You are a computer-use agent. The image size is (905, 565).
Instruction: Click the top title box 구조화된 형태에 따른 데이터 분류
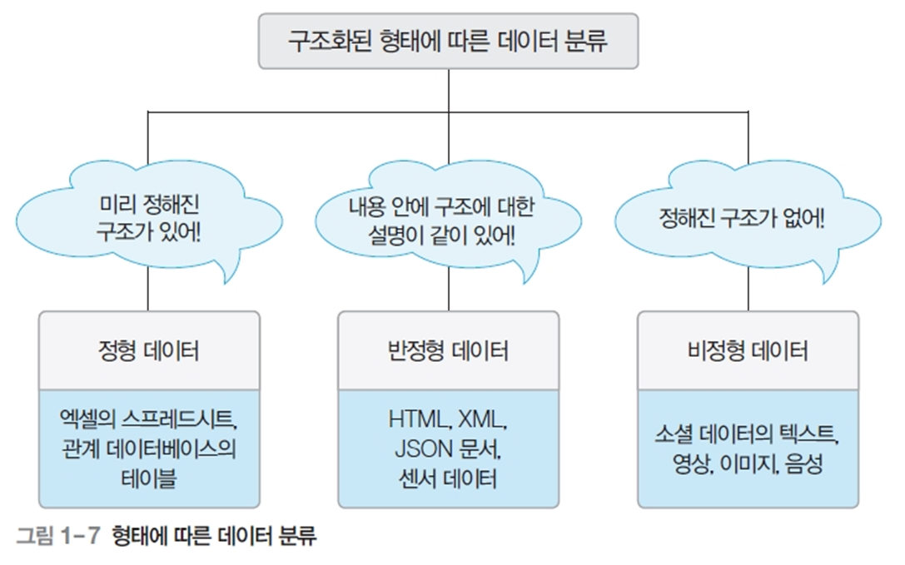[x=448, y=42]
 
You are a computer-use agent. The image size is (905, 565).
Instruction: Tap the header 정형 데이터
[x=149, y=351]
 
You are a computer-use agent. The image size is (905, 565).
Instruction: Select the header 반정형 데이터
[x=449, y=351]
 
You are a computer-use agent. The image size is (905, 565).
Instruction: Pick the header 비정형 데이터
[x=748, y=351]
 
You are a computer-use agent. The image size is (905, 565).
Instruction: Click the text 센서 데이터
[x=449, y=479]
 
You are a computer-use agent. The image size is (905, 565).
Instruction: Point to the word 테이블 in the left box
[x=149, y=479]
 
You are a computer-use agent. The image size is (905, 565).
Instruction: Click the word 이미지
[x=750, y=463]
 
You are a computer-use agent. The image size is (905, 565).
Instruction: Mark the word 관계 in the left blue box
[x=80, y=449]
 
